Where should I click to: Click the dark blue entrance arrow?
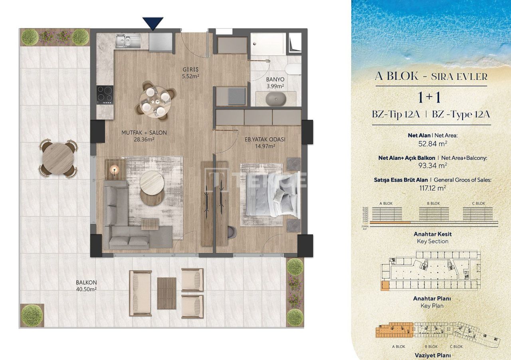pyautogui.click(x=153, y=24)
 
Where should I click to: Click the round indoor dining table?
pyautogui.click(x=153, y=100)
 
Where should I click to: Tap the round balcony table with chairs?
pyautogui.click(x=58, y=158)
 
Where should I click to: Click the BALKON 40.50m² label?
pyautogui.click(x=86, y=286)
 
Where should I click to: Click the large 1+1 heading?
pyautogui.click(x=430, y=98)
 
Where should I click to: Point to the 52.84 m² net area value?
pyautogui.click(x=432, y=143)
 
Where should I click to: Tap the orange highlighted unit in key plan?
pyautogui.click(x=385, y=285)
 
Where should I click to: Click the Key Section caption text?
pyautogui.click(x=432, y=241)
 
